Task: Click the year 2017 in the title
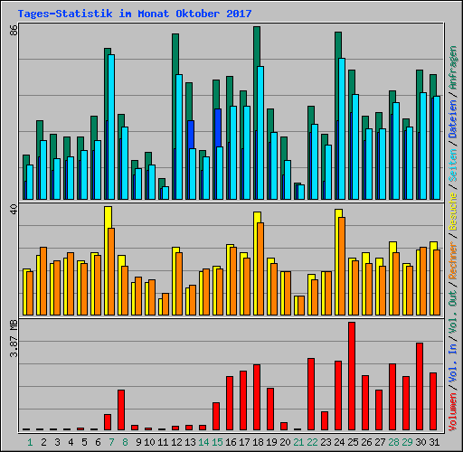point(239,14)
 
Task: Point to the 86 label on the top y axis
point(13,31)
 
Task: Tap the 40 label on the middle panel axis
point(13,209)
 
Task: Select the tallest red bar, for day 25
point(352,376)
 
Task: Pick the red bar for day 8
point(121,410)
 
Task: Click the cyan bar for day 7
point(111,127)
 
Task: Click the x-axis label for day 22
point(312,442)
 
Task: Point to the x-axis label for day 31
point(434,442)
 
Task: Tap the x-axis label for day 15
point(217,442)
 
